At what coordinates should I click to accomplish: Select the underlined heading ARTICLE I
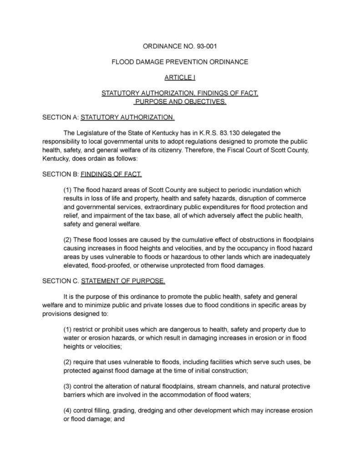click(180, 78)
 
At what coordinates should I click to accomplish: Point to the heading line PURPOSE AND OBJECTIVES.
click(180, 101)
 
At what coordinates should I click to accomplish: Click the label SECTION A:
click(60, 117)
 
